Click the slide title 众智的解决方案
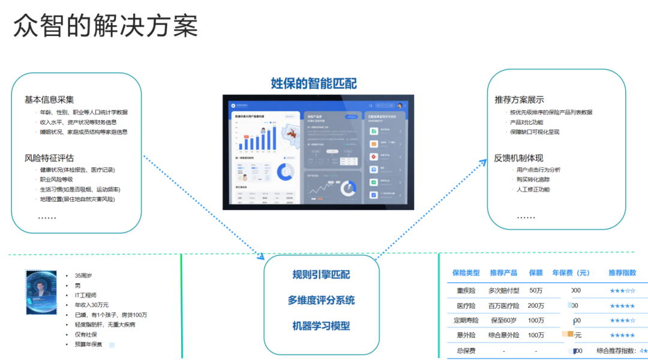click(x=106, y=26)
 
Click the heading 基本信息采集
click(x=49, y=100)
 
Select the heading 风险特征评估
click(x=49, y=158)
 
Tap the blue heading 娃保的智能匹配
click(x=314, y=83)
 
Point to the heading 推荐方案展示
click(x=519, y=100)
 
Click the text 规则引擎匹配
click(x=321, y=275)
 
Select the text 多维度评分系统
click(x=321, y=300)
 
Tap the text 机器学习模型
click(x=321, y=326)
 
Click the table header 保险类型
click(x=466, y=272)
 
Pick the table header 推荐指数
click(x=622, y=272)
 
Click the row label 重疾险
click(x=466, y=290)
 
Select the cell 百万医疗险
click(x=503, y=305)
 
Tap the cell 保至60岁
click(x=503, y=320)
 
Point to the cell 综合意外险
click(x=503, y=335)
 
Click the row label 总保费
click(x=466, y=350)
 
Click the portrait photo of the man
click(x=41, y=292)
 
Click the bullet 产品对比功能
click(x=526, y=122)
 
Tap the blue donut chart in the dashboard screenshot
click(x=285, y=173)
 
